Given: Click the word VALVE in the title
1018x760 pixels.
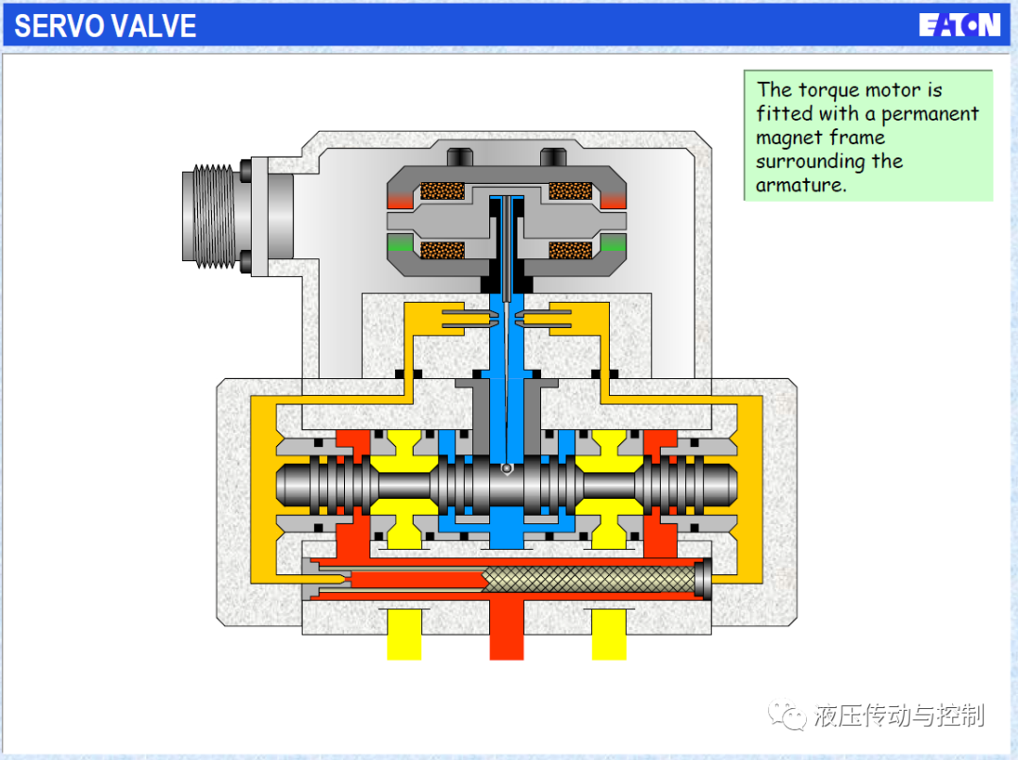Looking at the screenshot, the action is [x=151, y=26].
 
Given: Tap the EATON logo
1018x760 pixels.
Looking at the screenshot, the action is [x=960, y=25].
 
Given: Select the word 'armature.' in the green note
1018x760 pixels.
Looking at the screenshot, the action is [x=801, y=185].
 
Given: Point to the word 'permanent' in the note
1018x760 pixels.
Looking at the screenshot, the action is [x=929, y=114].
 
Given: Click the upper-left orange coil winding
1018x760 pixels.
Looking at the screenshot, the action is [x=442, y=190].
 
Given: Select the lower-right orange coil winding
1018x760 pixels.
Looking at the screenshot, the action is [x=570, y=250].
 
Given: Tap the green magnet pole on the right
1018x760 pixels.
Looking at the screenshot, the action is [x=614, y=243].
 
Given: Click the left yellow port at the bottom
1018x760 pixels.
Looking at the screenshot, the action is [x=403, y=634].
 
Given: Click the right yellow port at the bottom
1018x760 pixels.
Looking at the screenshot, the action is [x=609, y=634].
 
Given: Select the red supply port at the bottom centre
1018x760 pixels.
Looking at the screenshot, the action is [x=506, y=629].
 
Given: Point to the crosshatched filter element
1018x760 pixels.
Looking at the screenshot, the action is [x=591, y=578].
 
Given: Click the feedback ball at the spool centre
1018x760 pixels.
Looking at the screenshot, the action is [x=506, y=469].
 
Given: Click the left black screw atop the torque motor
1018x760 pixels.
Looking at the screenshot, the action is [x=460, y=157].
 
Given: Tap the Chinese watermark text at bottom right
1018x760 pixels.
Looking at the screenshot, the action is [x=899, y=715].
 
